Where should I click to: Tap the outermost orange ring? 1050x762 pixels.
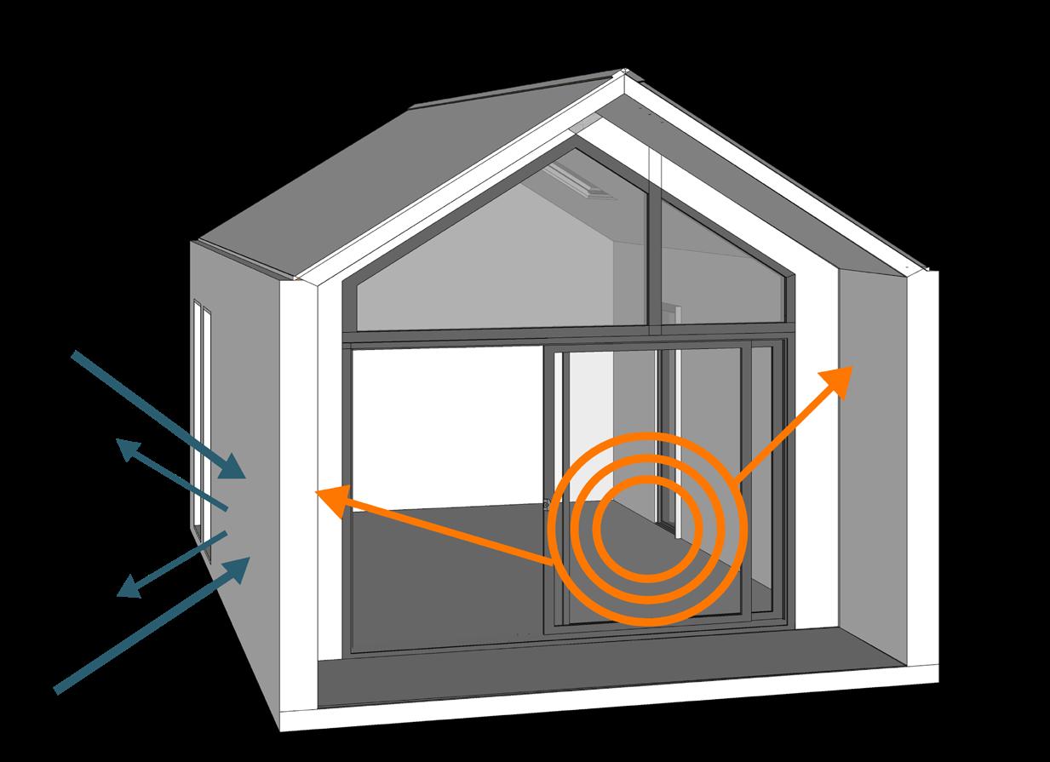point(554,528)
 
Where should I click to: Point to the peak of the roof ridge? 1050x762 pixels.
point(624,72)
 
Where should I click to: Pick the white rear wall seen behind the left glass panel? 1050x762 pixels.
point(443,426)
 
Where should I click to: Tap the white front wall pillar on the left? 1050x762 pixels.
point(299,511)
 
